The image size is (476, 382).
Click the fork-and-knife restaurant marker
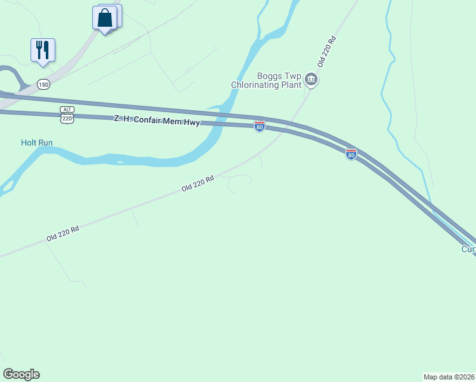(x=43, y=50)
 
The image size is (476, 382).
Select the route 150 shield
(x=43, y=84)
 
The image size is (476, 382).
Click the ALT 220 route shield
(x=67, y=115)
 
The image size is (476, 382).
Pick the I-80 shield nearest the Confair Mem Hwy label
(x=260, y=126)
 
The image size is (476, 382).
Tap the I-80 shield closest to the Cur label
(x=351, y=153)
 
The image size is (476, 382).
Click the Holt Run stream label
(x=36, y=143)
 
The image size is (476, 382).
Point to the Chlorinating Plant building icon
(x=311, y=80)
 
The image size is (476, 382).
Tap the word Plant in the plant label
(x=291, y=85)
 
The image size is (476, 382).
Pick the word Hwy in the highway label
(x=191, y=122)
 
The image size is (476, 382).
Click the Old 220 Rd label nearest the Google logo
(x=62, y=233)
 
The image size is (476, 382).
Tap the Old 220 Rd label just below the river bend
(x=197, y=185)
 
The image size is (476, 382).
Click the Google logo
(x=21, y=374)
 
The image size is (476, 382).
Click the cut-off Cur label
(x=468, y=249)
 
